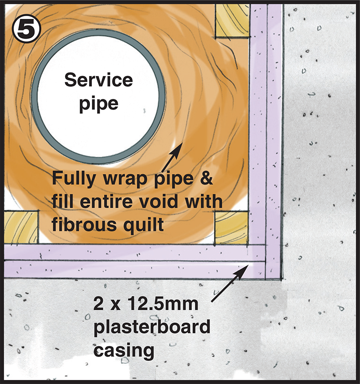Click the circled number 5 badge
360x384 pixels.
(x=27, y=27)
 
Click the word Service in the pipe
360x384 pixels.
(x=99, y=81)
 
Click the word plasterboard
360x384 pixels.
(x=151, y=327)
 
